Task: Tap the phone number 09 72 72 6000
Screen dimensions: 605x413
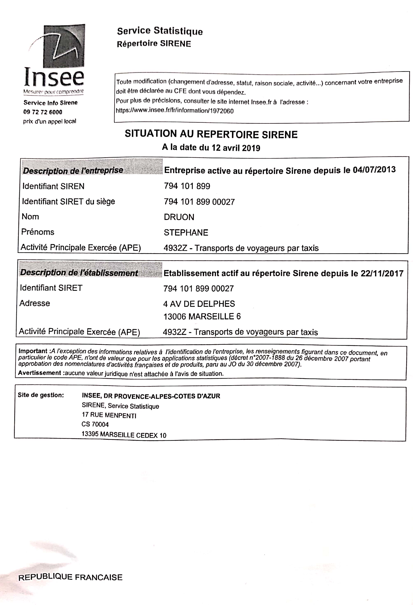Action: click(x=43, y=112)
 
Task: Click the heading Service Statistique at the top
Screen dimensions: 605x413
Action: click(x=160, y=31)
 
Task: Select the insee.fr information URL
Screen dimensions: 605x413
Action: click(x=174, y=111)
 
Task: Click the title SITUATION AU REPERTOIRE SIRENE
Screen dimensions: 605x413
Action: click(x=211, y=134)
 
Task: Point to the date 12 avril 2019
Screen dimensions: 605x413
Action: click(x=236, y=148)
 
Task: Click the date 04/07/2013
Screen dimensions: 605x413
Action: click(x=374, y=170)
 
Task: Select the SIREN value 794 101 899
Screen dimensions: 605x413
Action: click(x=187, y=186)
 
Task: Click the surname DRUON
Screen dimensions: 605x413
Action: click(x=179, y=217)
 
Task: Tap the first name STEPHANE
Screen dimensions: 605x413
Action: click(x=186, y=233)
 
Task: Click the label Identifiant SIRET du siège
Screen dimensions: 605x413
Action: click(x=68, y=201)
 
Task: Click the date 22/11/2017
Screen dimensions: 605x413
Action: click(x=382, y=273)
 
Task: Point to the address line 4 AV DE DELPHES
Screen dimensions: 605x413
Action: click(x=199, y=304)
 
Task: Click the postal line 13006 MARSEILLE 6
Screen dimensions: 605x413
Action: click(x=202, y=316)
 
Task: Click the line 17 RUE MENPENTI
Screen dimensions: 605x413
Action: click(x=109, y=415)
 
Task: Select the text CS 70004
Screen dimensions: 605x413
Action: click(x=95, y=424)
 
